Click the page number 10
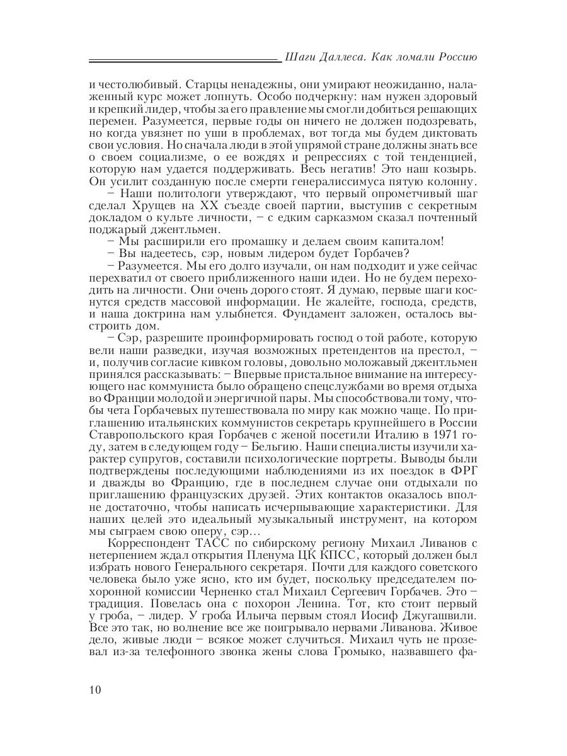click(x=95, y=689)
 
